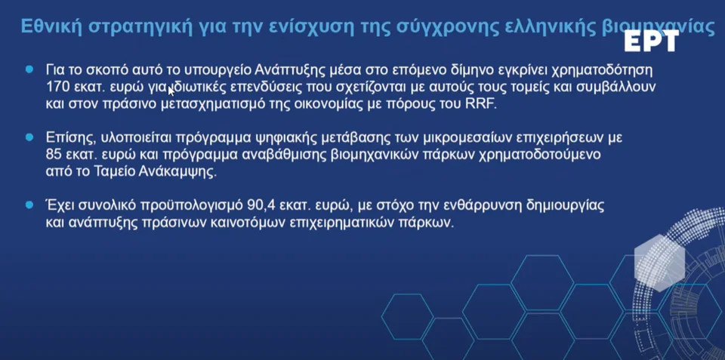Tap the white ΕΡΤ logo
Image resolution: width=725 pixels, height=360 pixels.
pyautogui.click(x=652, y=41)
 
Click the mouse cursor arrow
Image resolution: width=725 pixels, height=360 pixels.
pyautogui.click(x=171, y=90)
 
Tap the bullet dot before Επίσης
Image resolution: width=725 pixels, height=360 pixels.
pyautogui.click(x=30, y=137)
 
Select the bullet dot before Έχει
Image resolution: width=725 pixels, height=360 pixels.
pyautogui.click(x=30, y=205)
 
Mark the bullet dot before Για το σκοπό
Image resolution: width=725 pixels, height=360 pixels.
pyautogui.click(x=30, y=69)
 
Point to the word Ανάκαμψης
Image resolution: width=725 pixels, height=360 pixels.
pyautogui.click(x=177, y=172)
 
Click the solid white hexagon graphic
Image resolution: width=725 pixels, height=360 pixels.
pyautogui.click(x=659, y=263)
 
